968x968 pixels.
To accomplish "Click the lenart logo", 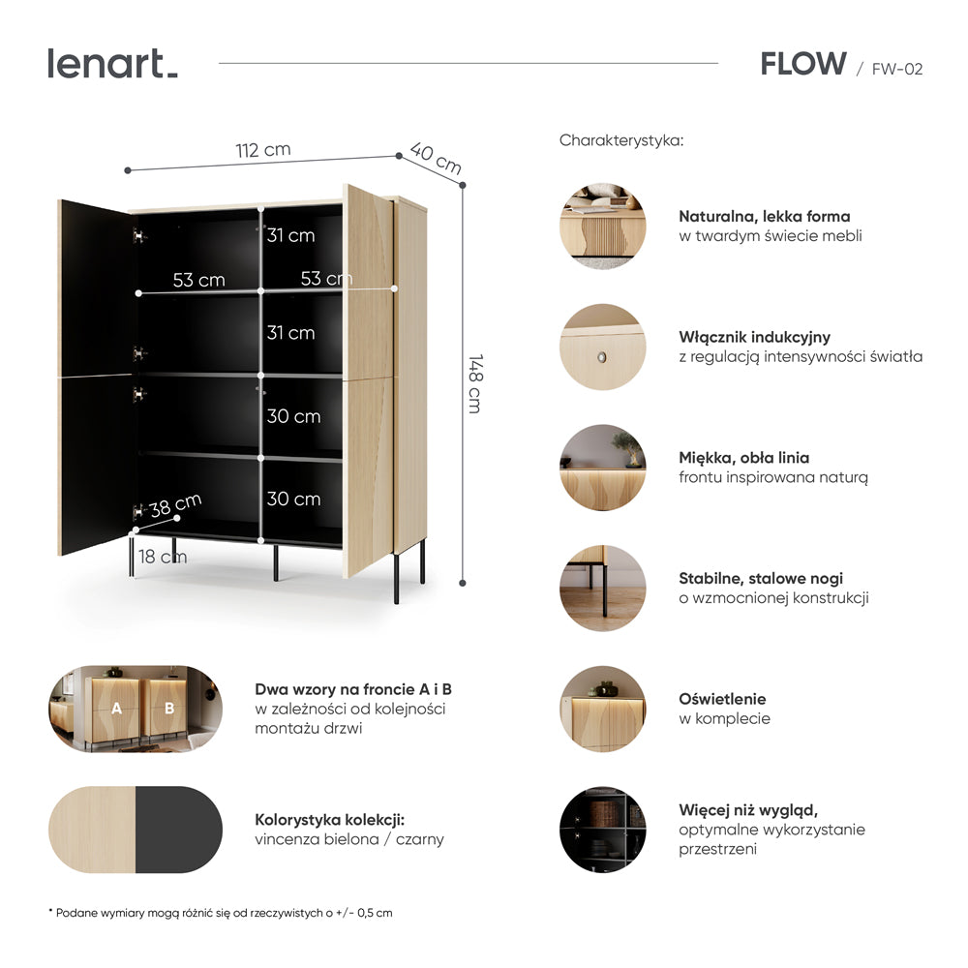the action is [112, 64].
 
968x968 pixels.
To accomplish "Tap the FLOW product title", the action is [803, 64].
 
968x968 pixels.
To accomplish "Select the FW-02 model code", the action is [897, 69].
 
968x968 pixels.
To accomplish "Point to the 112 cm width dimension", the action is [263, 150].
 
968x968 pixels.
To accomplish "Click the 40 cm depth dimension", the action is [436, 158].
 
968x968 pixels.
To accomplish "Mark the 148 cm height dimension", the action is [474, 383].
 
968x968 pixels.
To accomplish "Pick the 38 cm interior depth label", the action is [175, 505].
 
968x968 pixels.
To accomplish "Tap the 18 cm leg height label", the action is [163, 557].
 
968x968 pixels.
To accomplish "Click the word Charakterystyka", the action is [621, 140].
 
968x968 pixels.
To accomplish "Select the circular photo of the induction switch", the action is [602, 347].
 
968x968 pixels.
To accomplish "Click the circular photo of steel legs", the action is [602, 589].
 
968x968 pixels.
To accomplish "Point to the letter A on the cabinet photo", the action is [116, 709].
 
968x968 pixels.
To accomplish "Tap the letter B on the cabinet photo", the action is [169, 709].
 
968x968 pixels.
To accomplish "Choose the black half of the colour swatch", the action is [179, 830].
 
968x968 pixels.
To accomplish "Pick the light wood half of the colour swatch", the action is [92, 830].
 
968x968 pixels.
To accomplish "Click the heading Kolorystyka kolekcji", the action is [330, 820].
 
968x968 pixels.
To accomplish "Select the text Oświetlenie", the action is [722, 699].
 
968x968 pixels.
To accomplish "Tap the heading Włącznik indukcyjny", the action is [754, 337].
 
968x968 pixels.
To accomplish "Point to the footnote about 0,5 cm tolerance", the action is [221, 913].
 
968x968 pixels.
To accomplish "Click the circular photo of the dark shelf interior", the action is [602, 830].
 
